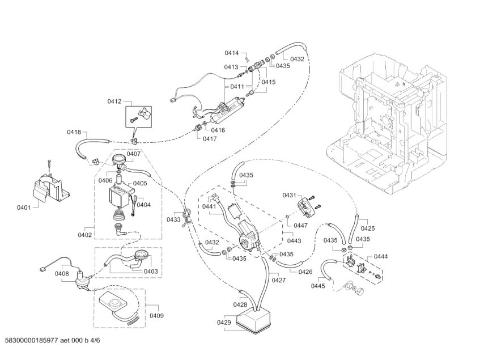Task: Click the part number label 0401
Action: click(x=23, y=207)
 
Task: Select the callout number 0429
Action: click(x=224, y=323)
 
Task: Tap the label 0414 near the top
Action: click(x=231, y=53)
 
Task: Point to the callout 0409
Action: click(x=156, y=316)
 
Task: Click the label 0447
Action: click(x=300, y=225)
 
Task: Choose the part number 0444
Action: click(x=381, y=256)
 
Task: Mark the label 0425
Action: click(x=368, y=229)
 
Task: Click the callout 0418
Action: click(x=74, y=132)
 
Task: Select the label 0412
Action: click(x=114, y=101)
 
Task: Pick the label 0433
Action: click(x=173, y=219)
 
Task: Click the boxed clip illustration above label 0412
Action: click(x=139, y=117)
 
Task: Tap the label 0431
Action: click(x=289, y=195)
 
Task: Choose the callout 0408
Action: click(x=62, y=274)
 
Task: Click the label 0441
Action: click(x=210, y=207)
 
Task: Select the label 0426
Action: click(x=305, y=271)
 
